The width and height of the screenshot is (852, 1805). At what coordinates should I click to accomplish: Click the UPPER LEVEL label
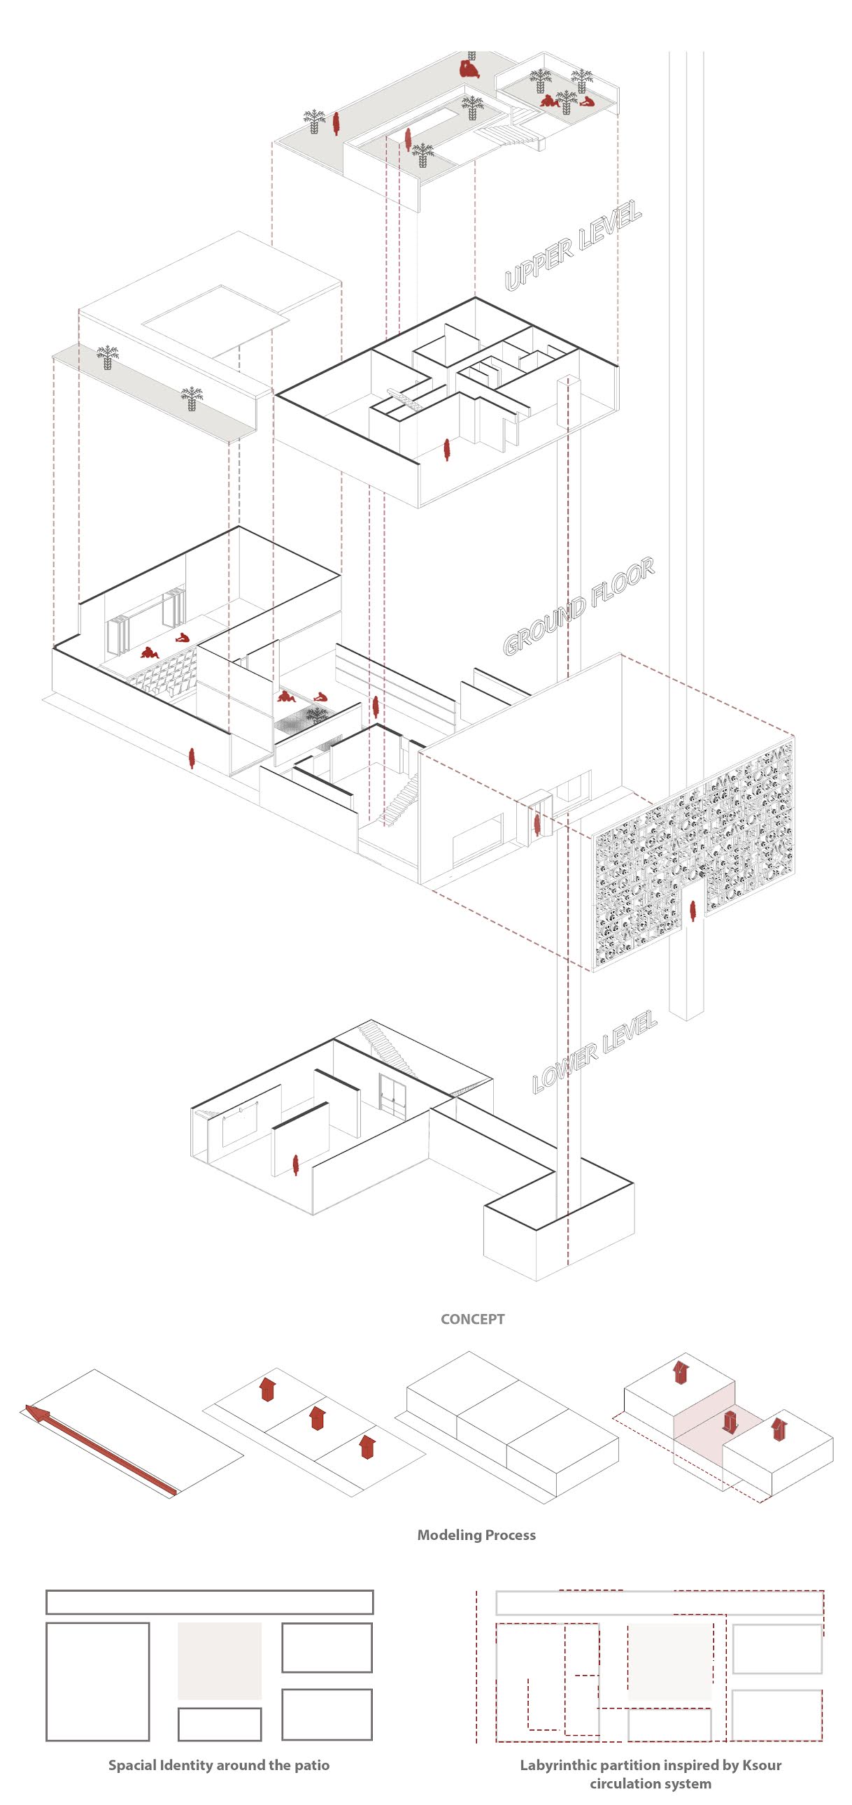573,245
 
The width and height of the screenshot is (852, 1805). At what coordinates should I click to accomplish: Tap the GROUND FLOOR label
578,606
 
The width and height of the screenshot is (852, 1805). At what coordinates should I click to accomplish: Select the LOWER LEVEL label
594,1053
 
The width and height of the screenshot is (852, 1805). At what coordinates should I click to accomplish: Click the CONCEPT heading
472,1319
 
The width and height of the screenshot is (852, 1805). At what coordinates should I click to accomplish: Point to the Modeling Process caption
476,1534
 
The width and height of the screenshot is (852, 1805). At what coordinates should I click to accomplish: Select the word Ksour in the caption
760,1764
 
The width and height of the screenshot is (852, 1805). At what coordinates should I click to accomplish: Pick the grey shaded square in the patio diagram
220,1660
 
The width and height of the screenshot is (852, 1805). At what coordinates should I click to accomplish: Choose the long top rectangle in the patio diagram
209,1601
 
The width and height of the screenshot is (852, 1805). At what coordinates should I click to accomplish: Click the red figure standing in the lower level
296,1164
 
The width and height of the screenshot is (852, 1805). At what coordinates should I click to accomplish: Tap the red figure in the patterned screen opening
693,911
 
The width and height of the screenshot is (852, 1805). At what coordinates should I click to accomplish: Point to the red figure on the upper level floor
446,449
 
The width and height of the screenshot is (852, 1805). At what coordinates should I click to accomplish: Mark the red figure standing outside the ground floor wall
191,757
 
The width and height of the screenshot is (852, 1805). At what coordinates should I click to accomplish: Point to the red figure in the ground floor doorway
537,825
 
